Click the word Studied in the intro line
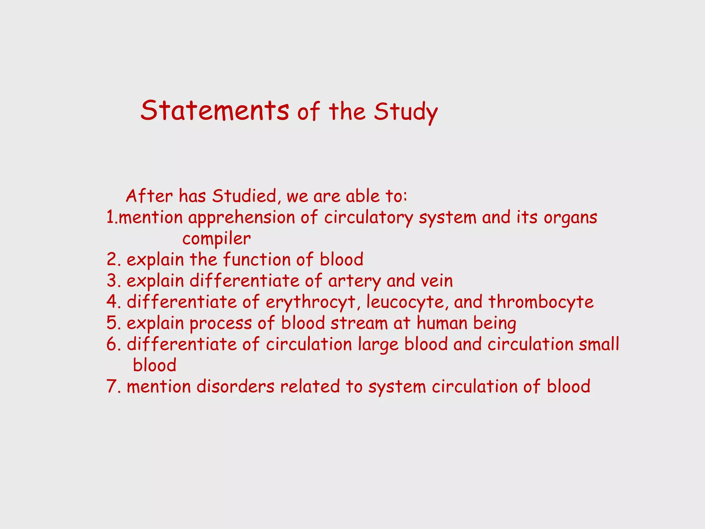pos(244,196)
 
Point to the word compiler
pos(216,239)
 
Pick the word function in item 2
pos(257,260)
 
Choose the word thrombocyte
pos(541,302)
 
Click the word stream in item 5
pos(359,323)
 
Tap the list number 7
pos(112,387)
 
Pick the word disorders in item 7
pos(235,387)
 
